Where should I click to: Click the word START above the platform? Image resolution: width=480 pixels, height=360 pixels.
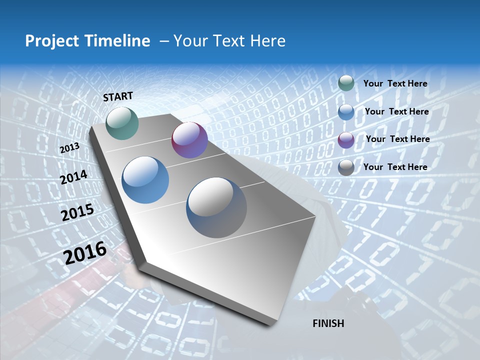tap(118, 96)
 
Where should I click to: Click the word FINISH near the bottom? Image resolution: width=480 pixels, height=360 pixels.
tap(328, 323)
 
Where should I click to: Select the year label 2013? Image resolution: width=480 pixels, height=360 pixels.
tap(69, 148)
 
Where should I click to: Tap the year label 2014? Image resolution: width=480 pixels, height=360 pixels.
tap(74, 177)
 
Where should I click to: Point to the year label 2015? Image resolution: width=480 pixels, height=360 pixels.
tap(77, 212)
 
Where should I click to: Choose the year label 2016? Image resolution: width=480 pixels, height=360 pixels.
tap(85, 253)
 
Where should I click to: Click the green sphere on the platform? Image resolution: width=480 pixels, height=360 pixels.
tap(122, 123)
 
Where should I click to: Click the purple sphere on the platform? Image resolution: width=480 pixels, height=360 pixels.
tap(189, 140)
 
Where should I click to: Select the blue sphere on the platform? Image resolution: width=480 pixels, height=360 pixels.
tap(145, 180)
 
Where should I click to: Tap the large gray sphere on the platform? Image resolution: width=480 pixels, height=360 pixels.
tap(216, 207)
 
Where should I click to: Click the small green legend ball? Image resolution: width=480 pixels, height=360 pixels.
tap(346, 83)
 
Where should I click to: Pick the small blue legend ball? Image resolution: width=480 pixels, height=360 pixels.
tap(346, 112)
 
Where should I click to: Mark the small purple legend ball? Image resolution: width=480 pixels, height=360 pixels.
tap(346, 140)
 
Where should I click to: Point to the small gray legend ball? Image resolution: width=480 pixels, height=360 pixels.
tap(346, 167)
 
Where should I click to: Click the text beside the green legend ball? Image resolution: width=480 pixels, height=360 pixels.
tap(395, 83)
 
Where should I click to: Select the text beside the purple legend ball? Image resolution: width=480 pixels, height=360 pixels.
tap(397, 139)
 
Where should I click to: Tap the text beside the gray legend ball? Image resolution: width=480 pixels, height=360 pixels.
tap(395, 167)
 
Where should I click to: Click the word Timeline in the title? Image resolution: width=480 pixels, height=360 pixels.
tap(117, 41)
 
